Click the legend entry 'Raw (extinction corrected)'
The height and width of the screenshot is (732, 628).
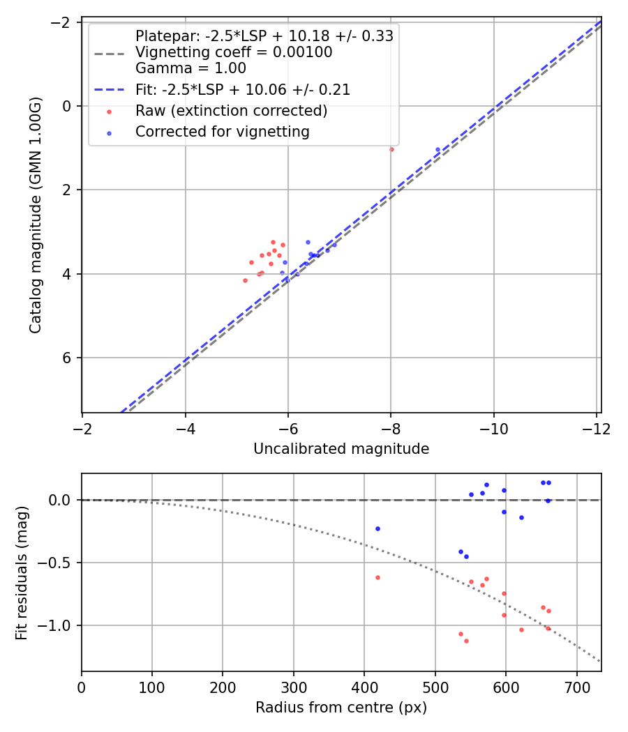tap(231, 111)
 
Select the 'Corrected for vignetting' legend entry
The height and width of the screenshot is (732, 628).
tap(222, 131)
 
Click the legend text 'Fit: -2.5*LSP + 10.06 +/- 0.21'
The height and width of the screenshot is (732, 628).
tap(243, 90)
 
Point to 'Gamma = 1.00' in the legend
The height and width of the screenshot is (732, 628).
tap(190, 68)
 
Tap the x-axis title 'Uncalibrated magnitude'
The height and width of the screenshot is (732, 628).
tap(341, 449)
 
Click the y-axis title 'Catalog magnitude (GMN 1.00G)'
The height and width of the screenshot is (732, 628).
tap(36, 215)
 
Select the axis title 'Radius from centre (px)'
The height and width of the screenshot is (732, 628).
tap(341, 708)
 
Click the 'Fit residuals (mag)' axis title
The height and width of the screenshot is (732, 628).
tap(22, 572)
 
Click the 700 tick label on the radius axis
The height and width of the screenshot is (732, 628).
tap(576, 688)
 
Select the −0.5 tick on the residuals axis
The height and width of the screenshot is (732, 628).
tap(59, 563)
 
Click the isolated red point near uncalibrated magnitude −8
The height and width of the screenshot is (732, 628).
tap(391, 149)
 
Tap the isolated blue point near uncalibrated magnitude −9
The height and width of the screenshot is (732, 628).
tap(438, 149)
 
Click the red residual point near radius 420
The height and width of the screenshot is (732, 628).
tap(377, 577)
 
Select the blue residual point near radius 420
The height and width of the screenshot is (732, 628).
tap(377, 528)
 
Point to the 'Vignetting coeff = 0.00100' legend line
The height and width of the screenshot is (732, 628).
tap(234, 52)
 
